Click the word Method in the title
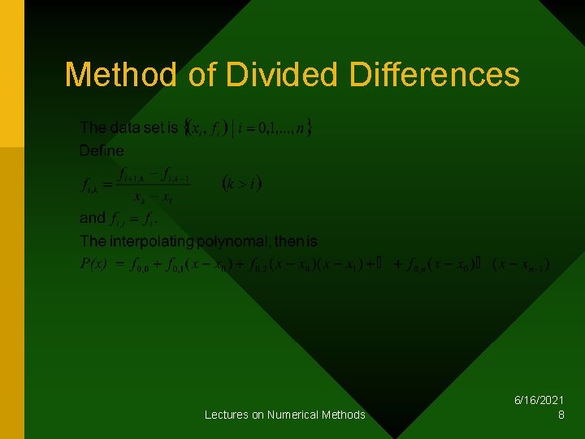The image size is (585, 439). pyautogui.click(x=119, y=75)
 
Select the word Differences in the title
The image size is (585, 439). pyautogui.click(x=434, y=75)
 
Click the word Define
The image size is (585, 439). pyautogui.click(x=102, y=150)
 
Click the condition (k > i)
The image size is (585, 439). pyautogui.click(x=241, y=183)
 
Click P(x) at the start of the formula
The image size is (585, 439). pyautogui.click(x=94, y=263)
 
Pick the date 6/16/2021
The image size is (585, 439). pyautogui.click(x=539, y=401)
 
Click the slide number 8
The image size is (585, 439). pyautogui.click(x=561, y=415)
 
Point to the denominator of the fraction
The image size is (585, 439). pyautogui.click(x=154, y=196)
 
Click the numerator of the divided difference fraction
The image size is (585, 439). pyautogui.click(x=154, y=173)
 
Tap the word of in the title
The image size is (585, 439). pyautogui.click(x=199, y=75)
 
